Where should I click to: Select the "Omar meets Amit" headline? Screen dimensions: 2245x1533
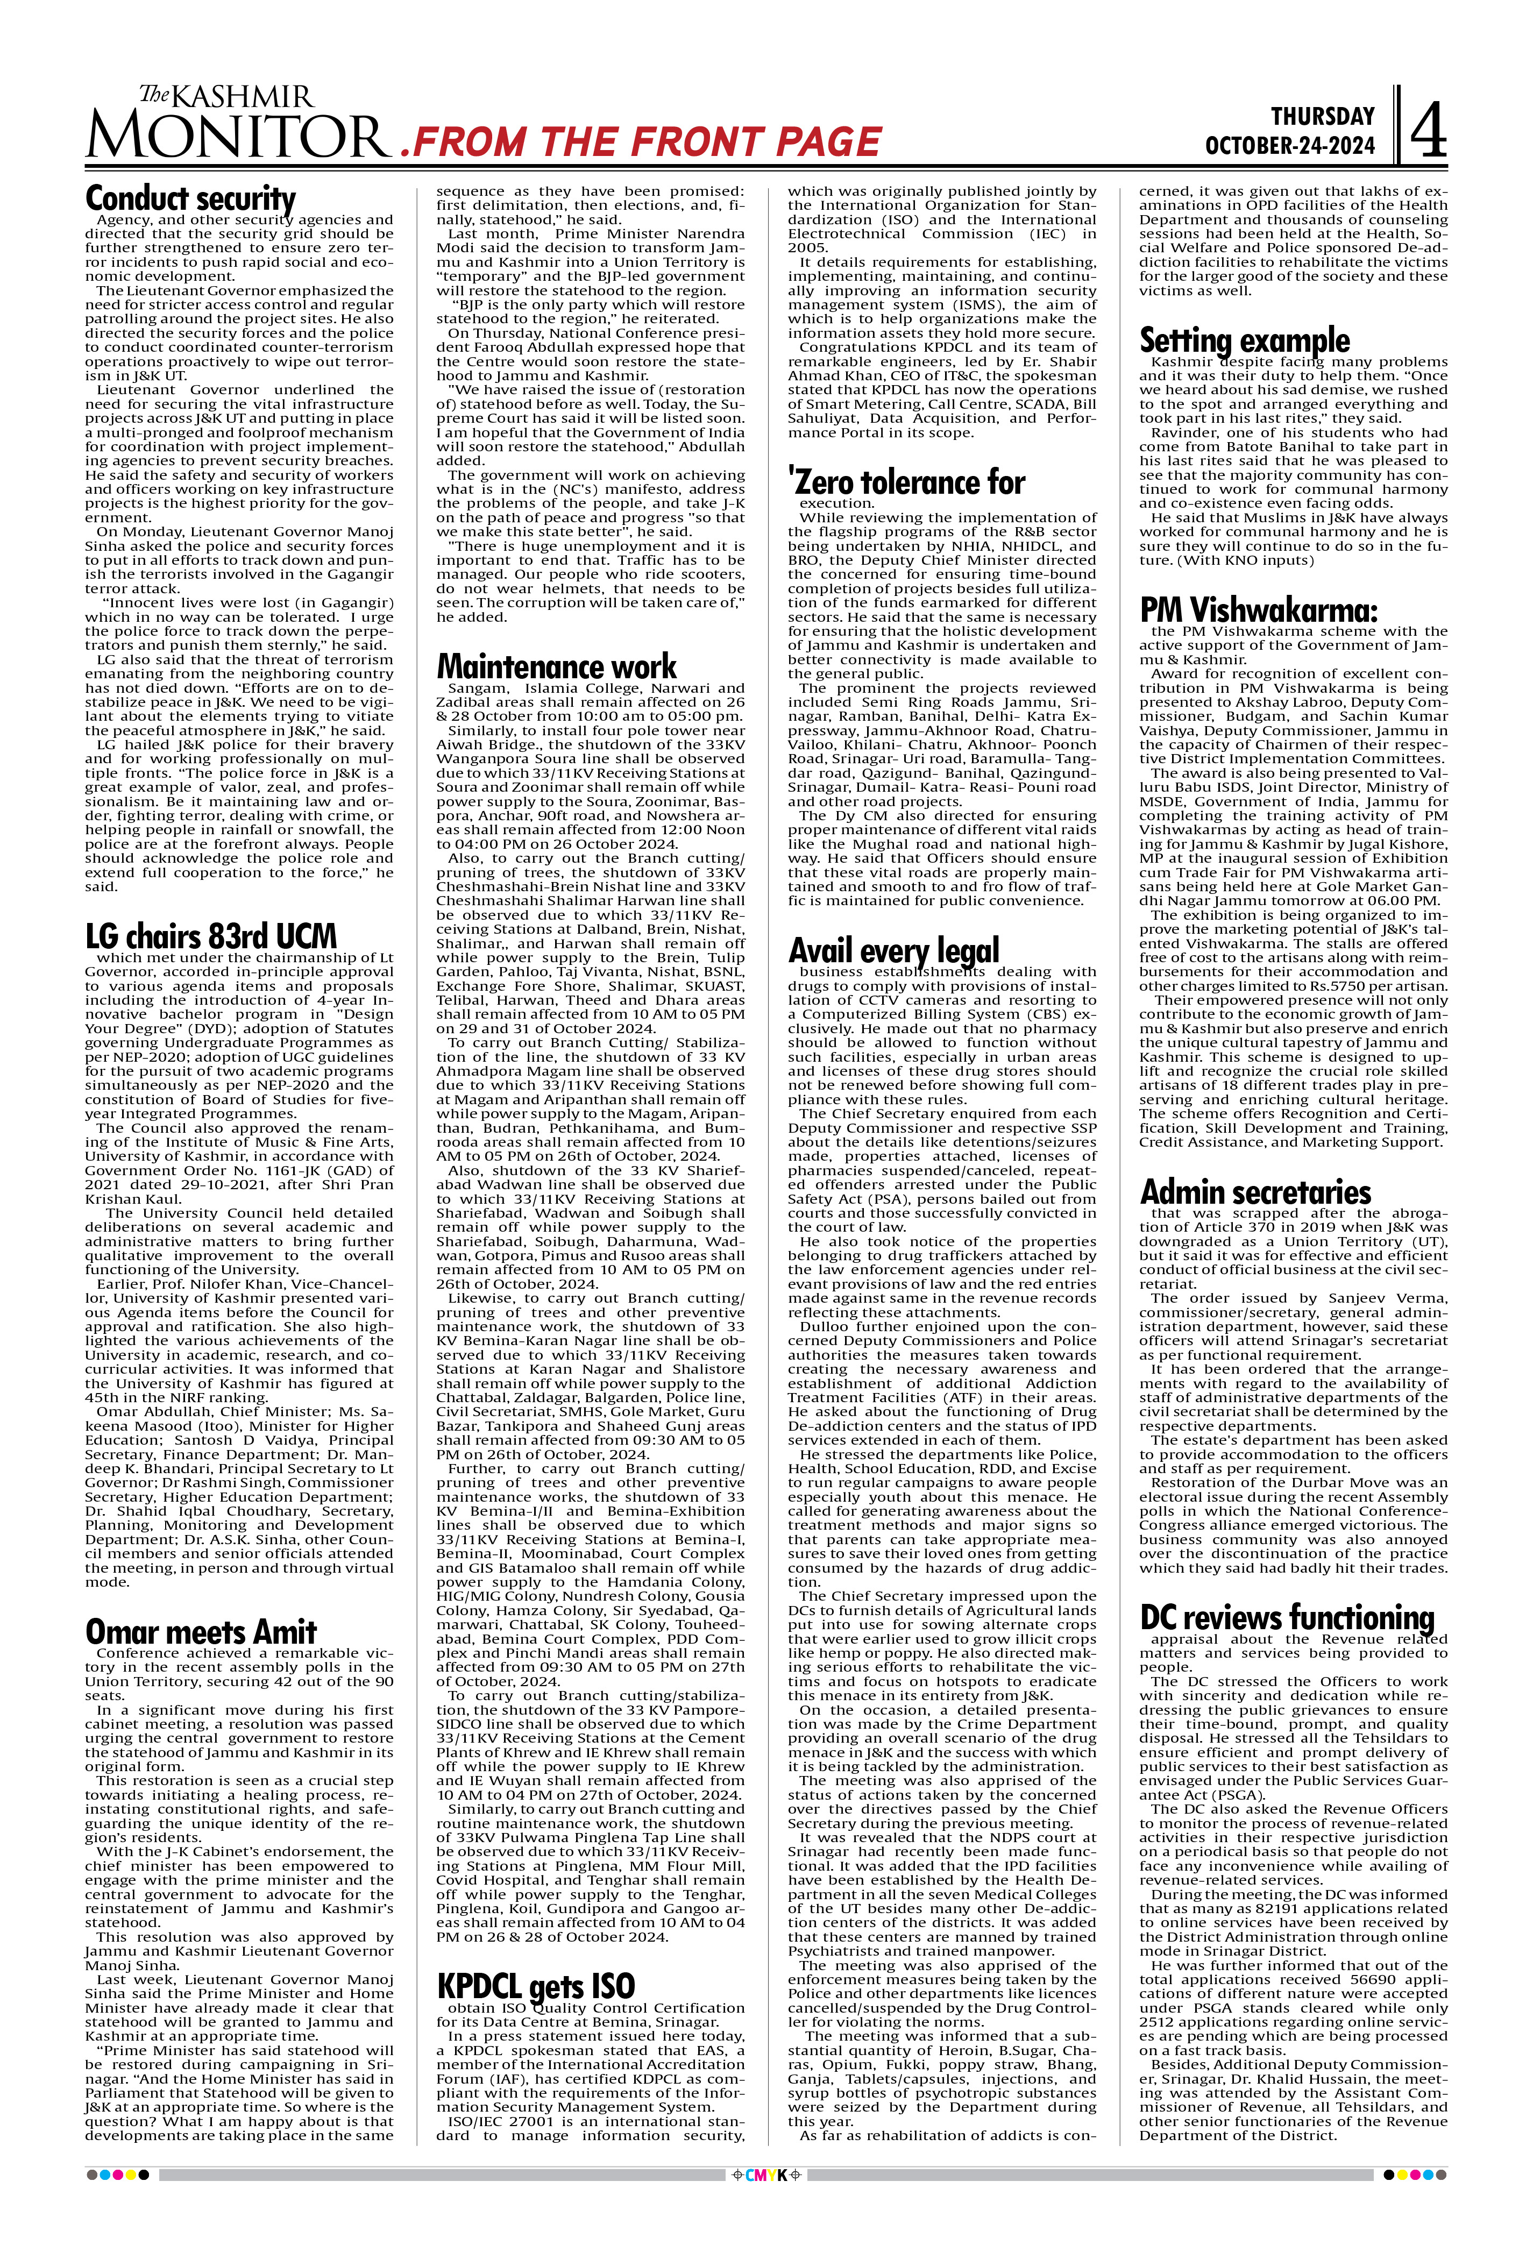coord(201,1632)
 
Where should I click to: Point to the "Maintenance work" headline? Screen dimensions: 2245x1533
coord(556,666)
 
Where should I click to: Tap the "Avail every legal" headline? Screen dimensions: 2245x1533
coord(893,950)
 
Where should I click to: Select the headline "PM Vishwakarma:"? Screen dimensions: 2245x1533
coord(1258,610)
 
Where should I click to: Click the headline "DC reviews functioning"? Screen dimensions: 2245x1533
coord(1287,1617)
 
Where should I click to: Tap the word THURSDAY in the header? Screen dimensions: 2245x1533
coord(1323,117)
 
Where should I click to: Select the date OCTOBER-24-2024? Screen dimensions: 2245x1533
coord(1289,146)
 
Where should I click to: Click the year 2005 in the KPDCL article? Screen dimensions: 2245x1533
coord(807,248)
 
